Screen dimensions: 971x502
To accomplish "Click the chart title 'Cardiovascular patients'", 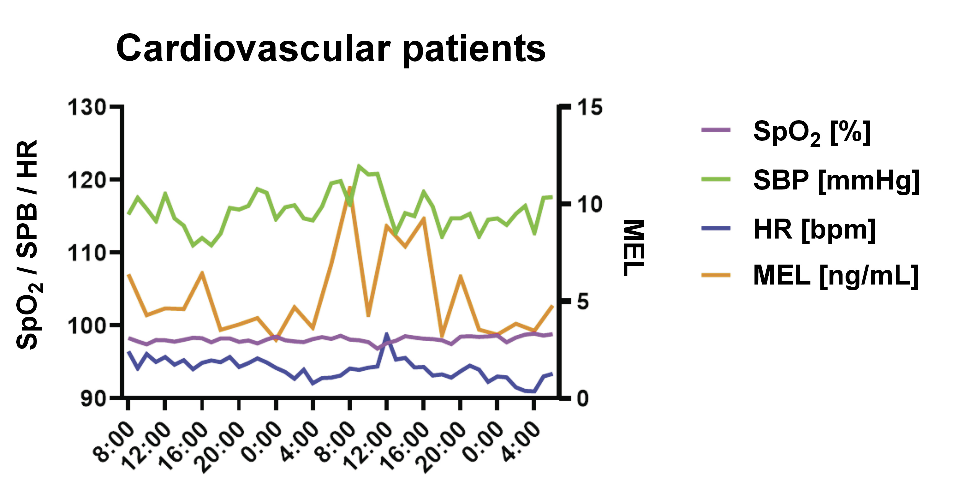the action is [331, 49].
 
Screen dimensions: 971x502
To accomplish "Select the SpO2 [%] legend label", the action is [812, 133].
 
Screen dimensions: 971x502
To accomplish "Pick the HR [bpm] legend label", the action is [815, 230].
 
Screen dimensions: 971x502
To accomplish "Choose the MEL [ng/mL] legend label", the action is [836, 276].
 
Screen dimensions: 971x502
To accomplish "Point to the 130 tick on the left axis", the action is [87, 107].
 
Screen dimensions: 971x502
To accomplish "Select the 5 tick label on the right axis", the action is [583, 302].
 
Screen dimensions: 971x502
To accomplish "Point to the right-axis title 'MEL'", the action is [634, 248].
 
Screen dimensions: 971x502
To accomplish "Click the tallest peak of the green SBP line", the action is [359, 166].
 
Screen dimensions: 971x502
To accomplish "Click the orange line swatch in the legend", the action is [716, 275].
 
